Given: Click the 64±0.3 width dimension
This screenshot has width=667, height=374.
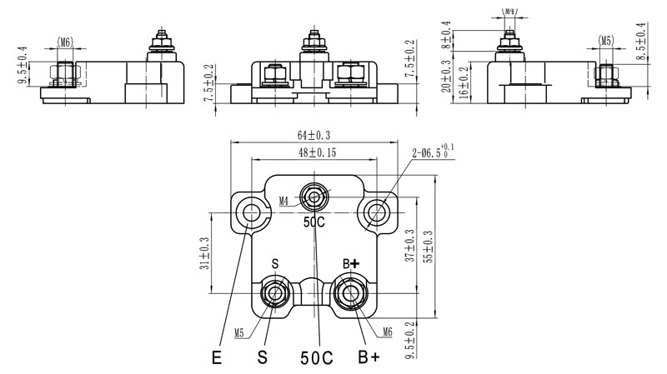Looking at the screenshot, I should [312, 135].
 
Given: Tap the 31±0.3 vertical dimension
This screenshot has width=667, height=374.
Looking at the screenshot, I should [204, 252].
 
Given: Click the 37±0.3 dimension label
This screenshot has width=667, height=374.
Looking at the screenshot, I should [409, 246].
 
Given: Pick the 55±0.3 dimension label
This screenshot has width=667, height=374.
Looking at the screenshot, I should [429, 247].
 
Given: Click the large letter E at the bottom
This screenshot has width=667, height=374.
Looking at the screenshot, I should [218, 359].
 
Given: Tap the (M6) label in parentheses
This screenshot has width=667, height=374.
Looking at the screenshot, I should [66, 41].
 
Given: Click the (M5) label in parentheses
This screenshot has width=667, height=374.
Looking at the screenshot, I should [607, 40].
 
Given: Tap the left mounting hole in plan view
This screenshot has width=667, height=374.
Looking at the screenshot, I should [250, 212].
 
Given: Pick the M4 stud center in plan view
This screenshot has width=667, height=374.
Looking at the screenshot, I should [314, 197].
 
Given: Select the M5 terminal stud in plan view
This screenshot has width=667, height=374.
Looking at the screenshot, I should [274, 293].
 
